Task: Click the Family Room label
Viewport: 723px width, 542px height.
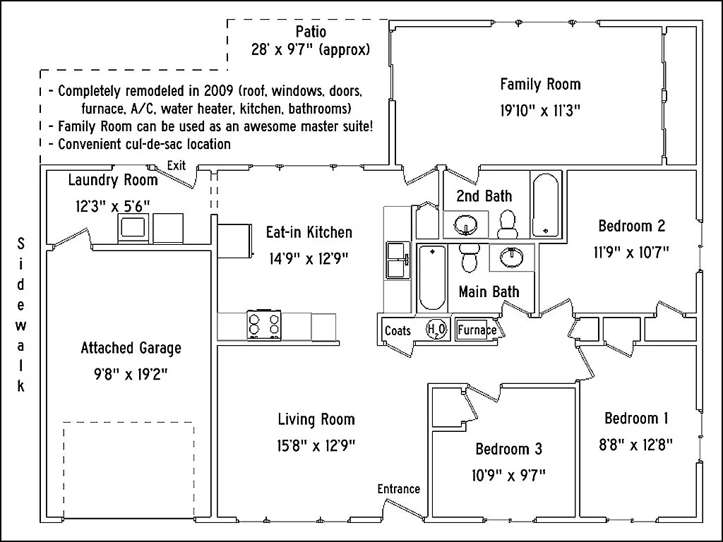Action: (x=540, y=85)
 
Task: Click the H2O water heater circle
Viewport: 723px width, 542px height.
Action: (x=434, y=330)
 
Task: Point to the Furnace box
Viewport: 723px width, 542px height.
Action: (x=477, y=330)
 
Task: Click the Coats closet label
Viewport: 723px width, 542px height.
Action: (x=398, y=330)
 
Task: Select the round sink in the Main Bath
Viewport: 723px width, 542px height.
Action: (x=511, y=257)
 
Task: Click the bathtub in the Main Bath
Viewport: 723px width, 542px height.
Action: (x=431, y=277)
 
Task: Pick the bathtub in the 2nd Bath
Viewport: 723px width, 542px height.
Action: (x=546, y=205)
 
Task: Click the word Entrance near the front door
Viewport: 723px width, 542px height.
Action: (x=398, y=489)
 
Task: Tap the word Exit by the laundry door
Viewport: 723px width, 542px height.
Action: (x=177, y=165)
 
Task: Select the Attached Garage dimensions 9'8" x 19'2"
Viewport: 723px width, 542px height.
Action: (x=131, y=374)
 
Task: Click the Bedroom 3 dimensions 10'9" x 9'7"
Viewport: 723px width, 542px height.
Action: (x=508, y=475)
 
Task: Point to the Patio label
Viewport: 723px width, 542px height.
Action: (x=310, y=32)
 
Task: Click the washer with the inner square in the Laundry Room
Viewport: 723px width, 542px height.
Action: (x=132, y=228)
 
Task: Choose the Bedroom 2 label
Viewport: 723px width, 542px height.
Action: (x=632, y=226)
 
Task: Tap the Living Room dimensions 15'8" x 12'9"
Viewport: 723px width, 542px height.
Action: (x=316, y=445)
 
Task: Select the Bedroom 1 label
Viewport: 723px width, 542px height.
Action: (x=636, y=418)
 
